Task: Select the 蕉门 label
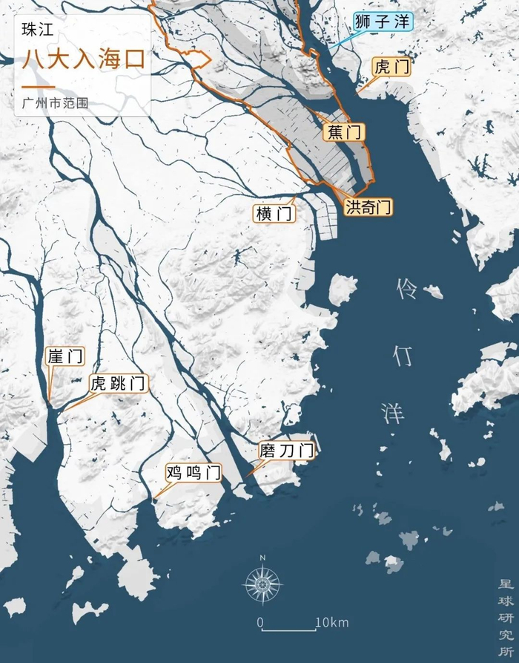point(344,133)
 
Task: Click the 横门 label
point(274,213)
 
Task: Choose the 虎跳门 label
point(118,384)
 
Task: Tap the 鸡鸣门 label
point(193,472)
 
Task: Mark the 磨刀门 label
point(286,450)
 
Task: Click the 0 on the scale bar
point(260,622)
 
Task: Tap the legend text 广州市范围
point(56,103)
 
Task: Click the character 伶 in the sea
point(407,290)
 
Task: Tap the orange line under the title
point(39,87)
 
